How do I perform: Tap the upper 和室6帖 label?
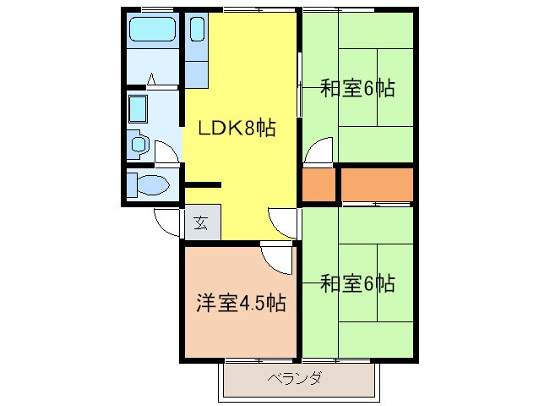[x=357, y=88]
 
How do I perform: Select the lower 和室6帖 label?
[x=357, y=283]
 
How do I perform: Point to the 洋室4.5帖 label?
[x=241, y=303]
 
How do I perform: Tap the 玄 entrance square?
[x=202, y=223]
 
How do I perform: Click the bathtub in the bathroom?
[x=153, y=32]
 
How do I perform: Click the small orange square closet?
[x=319, y=184]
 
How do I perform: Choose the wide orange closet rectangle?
[x=376, y=184]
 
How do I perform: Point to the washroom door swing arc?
[x=167, y=152]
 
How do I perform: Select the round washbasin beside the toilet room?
[x=140, y=145]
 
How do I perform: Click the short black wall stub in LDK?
[x=203, y=184]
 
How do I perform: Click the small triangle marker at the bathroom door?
[x=153, y=80]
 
